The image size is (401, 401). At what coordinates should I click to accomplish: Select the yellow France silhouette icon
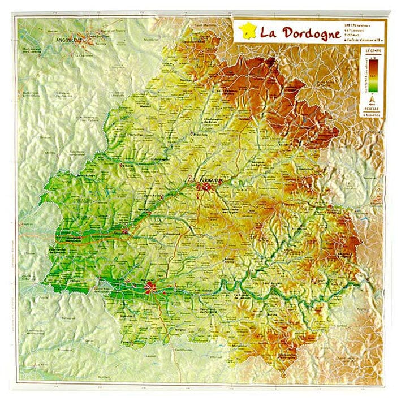(x=247, y=31)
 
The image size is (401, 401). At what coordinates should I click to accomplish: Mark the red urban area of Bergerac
(x=151, y=288)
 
